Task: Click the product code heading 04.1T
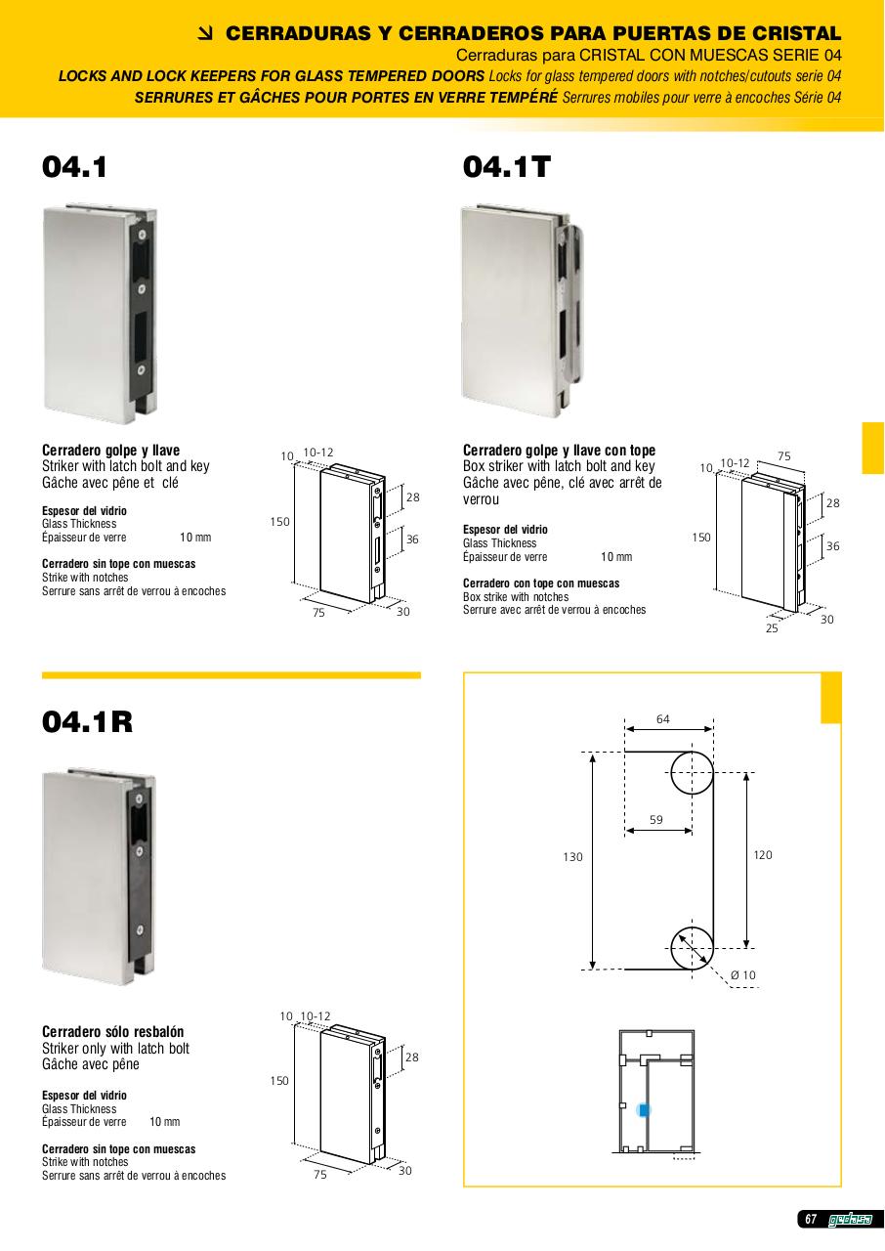point(506,167)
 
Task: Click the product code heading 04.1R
point(88,721)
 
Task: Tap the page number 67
point(811,1234)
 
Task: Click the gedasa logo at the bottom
point(850,1234)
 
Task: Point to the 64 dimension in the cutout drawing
point(663,719)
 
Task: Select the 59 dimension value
point(656,820)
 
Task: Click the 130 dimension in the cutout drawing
point(572,857)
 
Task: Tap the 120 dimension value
point(763,854)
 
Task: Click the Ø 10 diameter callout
point(742,975)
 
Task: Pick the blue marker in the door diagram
point(644,1109)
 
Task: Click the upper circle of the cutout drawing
point(692,753)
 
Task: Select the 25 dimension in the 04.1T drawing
point(772,628)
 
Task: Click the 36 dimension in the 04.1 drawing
point(412,539)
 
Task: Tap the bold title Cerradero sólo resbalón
point(112,1031)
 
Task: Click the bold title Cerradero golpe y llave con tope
point(559,451)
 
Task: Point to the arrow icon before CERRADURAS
point(206,34)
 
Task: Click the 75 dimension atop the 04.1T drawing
point(784,456)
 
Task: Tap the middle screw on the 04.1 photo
point(142,289)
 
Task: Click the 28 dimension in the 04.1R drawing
point(412,1057)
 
